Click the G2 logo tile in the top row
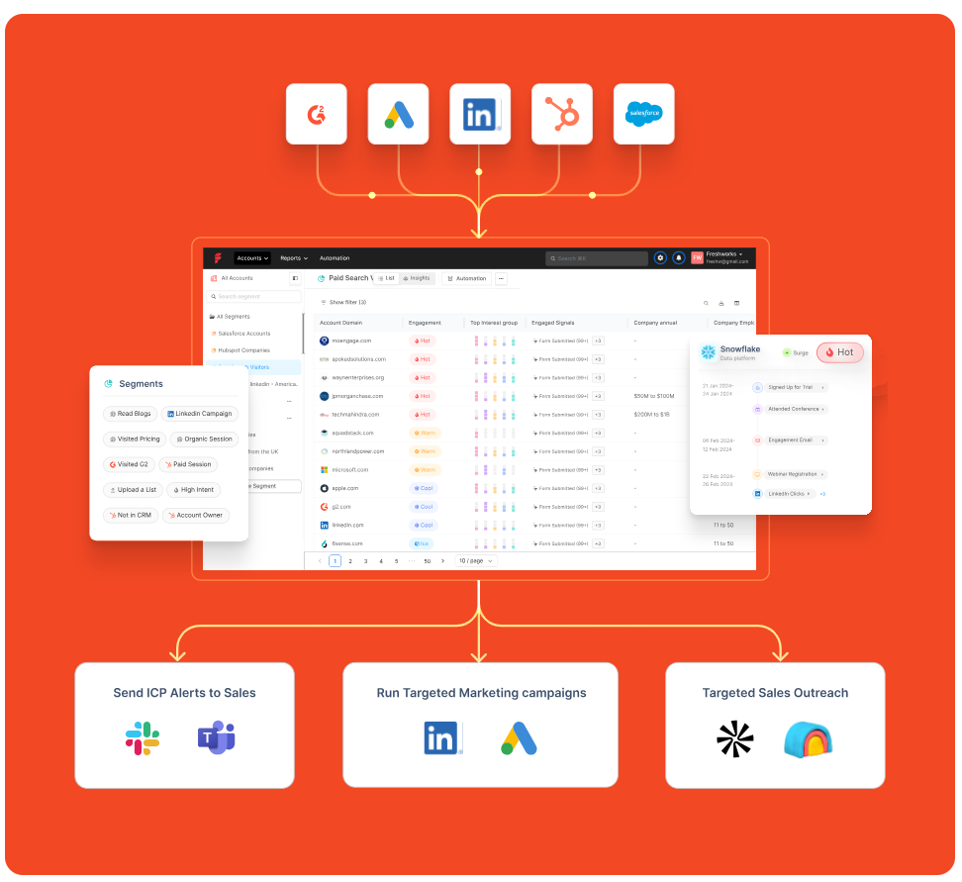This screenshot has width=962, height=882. tap(317, 114)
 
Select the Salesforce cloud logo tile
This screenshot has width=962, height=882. tap(644, 114)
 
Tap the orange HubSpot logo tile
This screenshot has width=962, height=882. tap(562, 114)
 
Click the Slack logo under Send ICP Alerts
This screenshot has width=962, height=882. tap(143, 738)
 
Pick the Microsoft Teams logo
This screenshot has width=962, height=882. tap(216, 738)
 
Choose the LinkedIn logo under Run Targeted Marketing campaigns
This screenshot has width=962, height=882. tap(443, 738)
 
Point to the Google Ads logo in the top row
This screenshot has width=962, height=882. tap(399, 114)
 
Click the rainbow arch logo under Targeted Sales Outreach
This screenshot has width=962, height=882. tap(809, 738)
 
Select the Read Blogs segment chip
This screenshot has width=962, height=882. tap(130, 414)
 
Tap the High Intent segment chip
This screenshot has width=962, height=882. tap(193, 490)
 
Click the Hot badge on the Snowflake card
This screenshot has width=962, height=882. tap(839, 352)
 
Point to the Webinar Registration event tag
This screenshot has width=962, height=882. tap(792, 474)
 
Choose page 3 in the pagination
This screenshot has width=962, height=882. tap(365, 561)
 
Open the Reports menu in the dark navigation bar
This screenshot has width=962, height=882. tap(294, 258)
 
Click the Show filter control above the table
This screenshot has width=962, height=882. tap(343, 302)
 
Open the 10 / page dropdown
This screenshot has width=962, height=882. tap(476, 561)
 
